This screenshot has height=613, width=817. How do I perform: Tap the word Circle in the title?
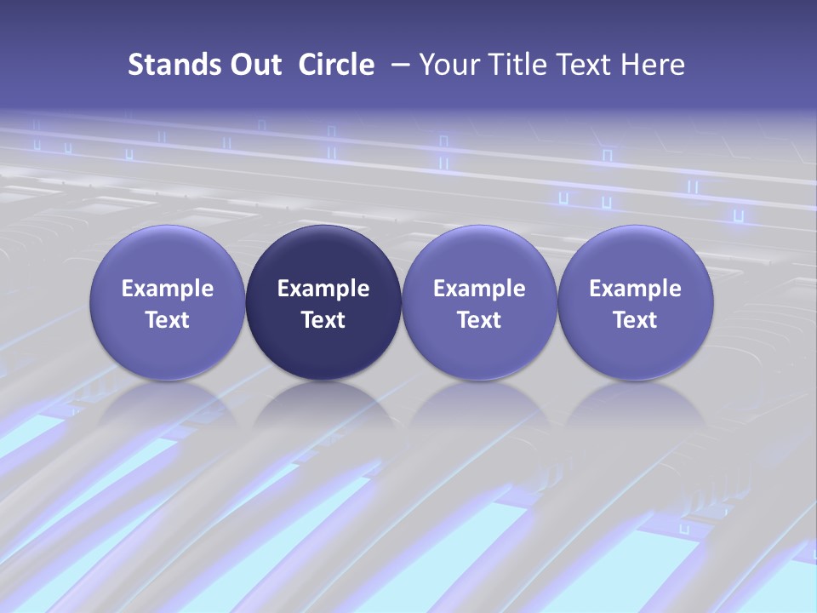click(336, 65)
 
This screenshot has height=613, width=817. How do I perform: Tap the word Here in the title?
click(654, 65)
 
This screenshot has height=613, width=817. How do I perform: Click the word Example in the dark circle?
click(323, 289)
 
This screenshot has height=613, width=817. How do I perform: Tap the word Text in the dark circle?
click(323, 320)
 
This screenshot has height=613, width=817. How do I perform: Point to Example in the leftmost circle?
click(168, 289)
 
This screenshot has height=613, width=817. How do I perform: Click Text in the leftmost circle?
click(168, 320)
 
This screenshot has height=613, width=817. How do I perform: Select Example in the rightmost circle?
click(635, 289)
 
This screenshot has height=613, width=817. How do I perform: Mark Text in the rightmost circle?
click(635, 320)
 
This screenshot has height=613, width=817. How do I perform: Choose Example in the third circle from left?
click(479, 289)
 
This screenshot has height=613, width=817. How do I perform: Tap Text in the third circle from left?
click(479, 320)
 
